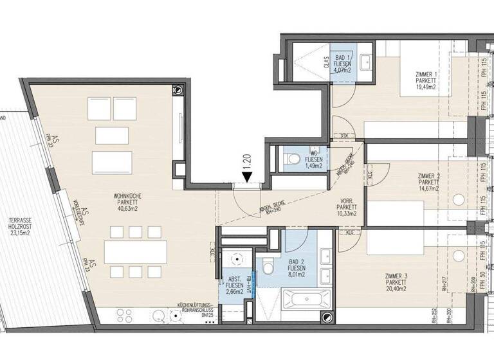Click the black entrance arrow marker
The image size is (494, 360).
246,174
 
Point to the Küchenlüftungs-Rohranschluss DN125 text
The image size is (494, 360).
199,310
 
